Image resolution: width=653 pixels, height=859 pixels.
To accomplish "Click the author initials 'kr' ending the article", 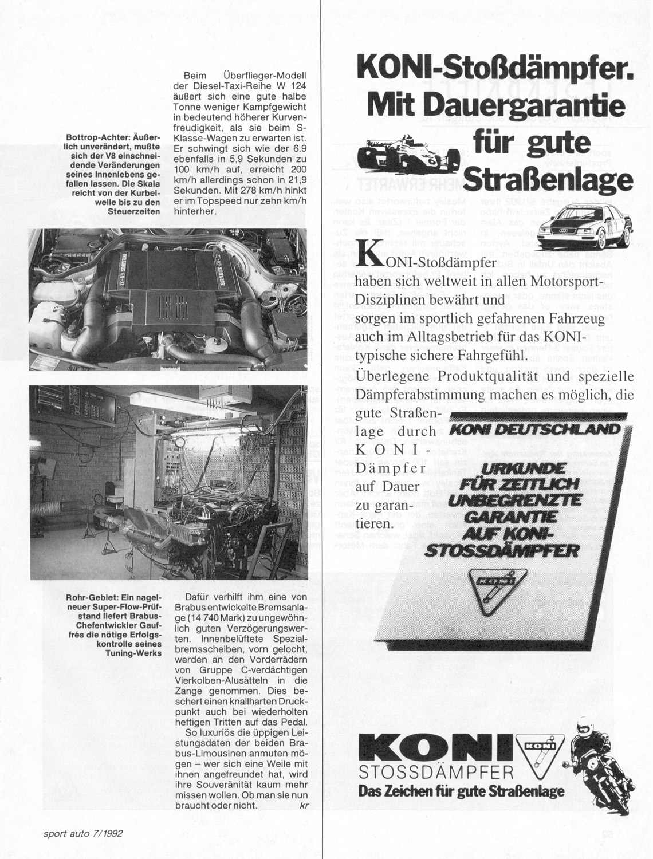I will [x=304, y=805].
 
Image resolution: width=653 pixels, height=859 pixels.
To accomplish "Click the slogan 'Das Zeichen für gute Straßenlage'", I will [x=461, y=791].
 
